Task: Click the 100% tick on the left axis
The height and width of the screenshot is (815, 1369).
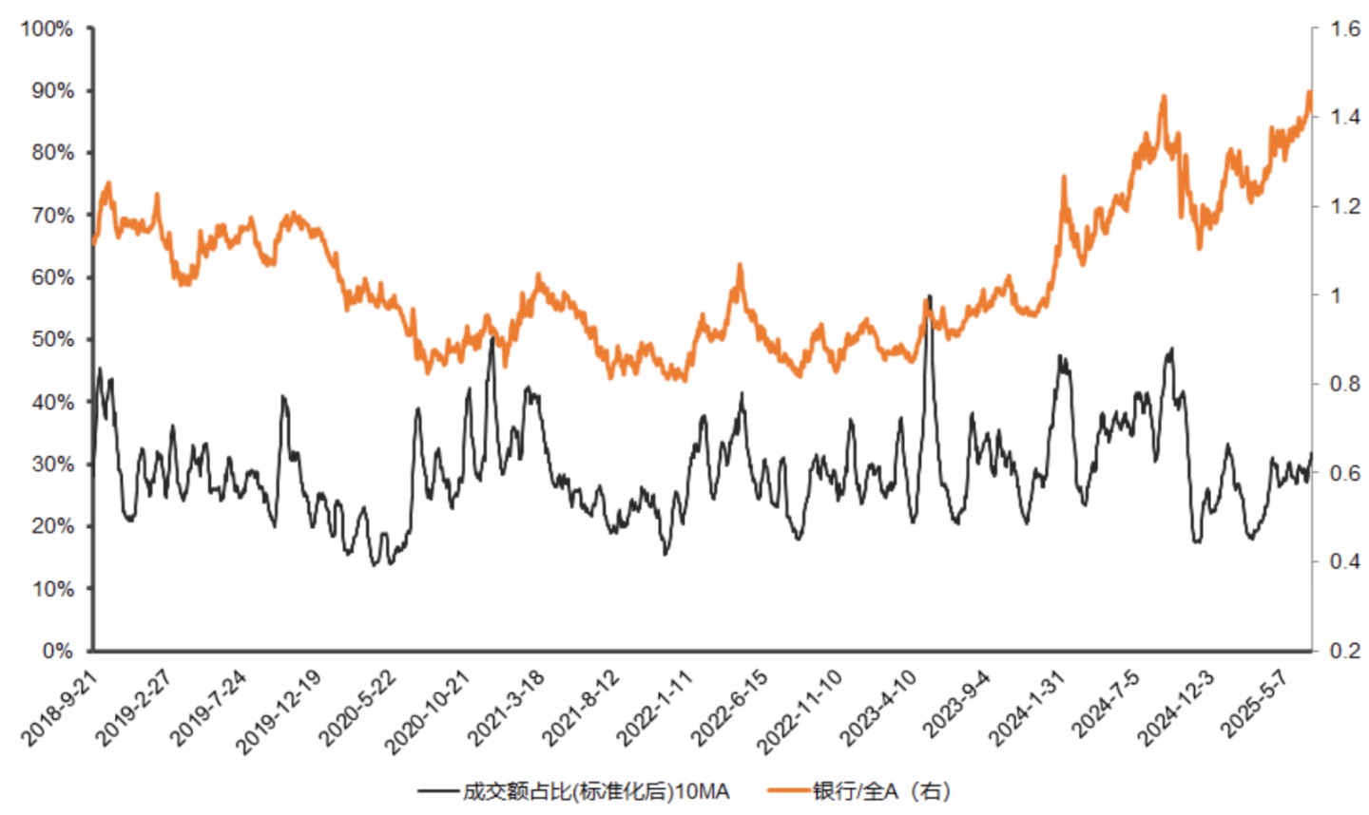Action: coord(46,29)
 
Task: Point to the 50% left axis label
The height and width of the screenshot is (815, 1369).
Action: coord(51,339)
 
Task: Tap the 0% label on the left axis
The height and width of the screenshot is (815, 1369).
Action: coord(56,651)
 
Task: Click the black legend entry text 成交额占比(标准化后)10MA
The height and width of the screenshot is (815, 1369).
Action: coord(596,790)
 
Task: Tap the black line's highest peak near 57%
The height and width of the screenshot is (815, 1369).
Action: coord(929,296)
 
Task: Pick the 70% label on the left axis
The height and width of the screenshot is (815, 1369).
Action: coord(51,216)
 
